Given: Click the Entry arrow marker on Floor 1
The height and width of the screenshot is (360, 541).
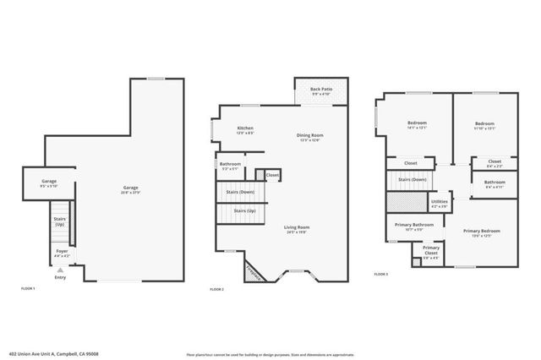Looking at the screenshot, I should point(59,270).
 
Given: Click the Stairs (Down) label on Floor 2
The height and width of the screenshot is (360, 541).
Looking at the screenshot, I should point(242,192).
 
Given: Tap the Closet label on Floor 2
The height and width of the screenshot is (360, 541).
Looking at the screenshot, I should point(273,175).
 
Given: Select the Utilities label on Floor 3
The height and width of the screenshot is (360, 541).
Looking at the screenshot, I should point(440,203).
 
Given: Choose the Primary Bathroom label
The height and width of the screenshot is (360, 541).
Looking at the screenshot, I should point(413,226).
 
